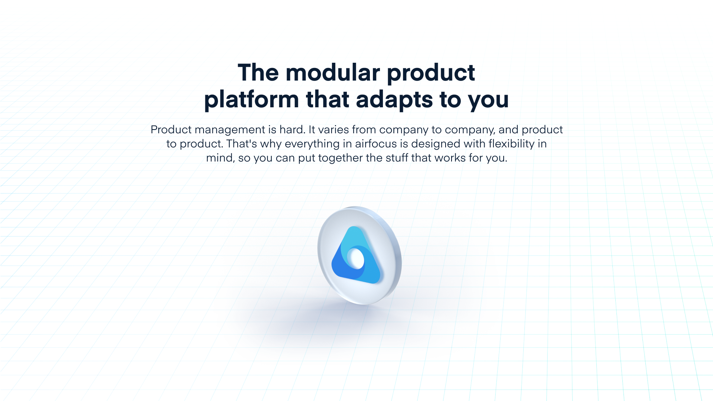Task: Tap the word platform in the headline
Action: click(251, 100)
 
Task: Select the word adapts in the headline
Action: click(394, 100)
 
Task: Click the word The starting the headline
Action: click(258, 72)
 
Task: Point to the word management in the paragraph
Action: click(230, 130)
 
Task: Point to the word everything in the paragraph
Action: click(312, 144)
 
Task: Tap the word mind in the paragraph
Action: click(220, 158)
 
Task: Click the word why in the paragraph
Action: click(271, 144)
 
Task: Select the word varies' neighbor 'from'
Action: click(364, 130)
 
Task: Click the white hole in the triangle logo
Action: click(356, 258)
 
